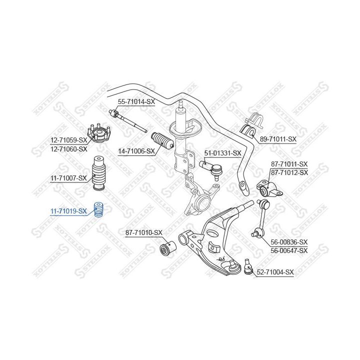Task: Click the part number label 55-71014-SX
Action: point(136,101)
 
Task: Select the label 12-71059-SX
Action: point(68,141)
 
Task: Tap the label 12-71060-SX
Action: point(68,149)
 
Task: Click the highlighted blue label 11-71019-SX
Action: point(68,211)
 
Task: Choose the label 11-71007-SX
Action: point(68,177)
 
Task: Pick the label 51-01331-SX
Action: point(222,153)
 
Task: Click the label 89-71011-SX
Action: point(278,139)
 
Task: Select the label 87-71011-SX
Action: point(289,164)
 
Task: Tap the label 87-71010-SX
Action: point(144,232)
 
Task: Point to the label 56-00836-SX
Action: point(289,242)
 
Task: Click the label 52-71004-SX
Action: point(275,272)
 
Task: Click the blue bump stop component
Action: point(98,209)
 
